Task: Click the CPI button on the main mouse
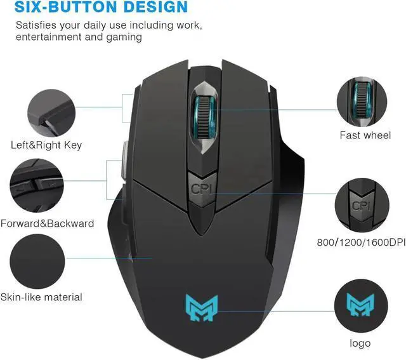tap(202, 189)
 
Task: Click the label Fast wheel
tap(365, 135)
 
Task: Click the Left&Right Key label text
tap(46, 145)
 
